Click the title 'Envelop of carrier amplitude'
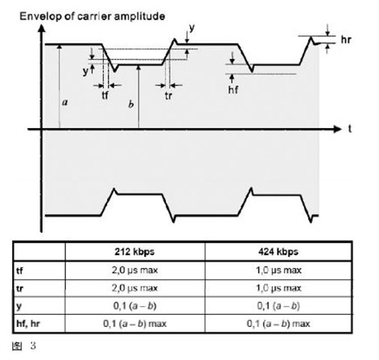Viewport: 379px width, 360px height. click(x=93, y=17)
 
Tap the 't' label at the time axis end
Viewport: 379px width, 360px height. click(x=350, y=129)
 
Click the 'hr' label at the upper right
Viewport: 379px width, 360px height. click(x=346, y=39)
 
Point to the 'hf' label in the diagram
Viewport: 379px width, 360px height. click(x=233, y=89)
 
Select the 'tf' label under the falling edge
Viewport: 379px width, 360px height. click(x=105, y=95)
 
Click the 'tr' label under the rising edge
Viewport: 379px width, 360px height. click(x=168, y=96)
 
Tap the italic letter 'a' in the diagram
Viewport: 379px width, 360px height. click(x=64, y=102)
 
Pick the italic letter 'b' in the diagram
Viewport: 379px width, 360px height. click(x=131, y=104)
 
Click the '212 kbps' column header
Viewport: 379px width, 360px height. click(x=134, y=252)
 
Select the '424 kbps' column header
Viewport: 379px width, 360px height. click(x=278, y=252)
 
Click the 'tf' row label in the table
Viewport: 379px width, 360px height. click(x=19, y=271)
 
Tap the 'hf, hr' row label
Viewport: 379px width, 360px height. click(x=28, y=324)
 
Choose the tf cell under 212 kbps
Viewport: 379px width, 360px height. click(x=134, y=270)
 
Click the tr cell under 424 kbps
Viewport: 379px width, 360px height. click(x=278, y=288)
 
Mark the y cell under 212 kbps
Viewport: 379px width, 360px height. click(x=134, y=306)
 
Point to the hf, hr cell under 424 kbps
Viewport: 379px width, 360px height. click(x=278, y=324)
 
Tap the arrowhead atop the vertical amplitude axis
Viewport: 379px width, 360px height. click(x=41, y=28)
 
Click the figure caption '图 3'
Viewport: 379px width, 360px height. click(x=23, y=346)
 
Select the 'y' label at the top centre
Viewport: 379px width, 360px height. click(x=192, y=28)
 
